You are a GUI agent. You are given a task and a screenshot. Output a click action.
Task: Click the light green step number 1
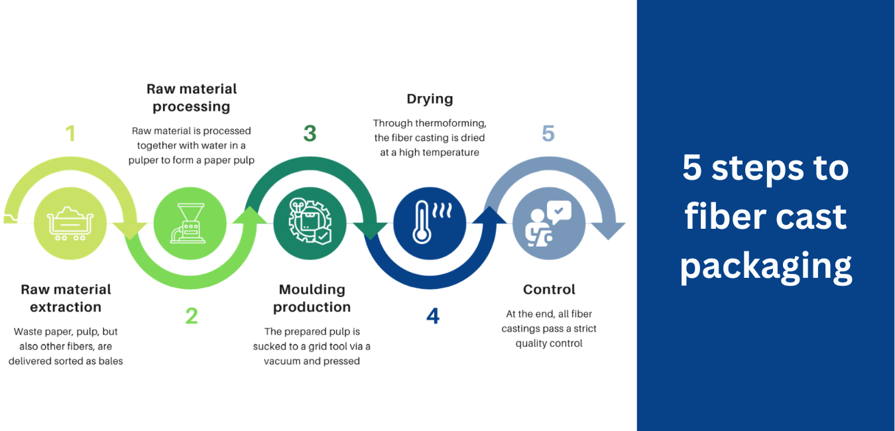point(71,133)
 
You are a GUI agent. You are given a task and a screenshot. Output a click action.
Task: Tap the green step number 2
point(192,316)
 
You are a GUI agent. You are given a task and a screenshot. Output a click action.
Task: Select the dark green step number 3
point(310,133)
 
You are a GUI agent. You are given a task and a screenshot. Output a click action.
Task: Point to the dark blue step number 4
point(433,316)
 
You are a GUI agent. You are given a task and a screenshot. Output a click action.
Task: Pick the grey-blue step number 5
point(548,133)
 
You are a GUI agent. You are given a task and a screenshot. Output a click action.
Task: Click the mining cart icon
point(70,223)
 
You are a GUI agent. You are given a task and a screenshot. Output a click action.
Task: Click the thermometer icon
point(432,222)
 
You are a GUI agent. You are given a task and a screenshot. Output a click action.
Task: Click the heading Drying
point(430,99)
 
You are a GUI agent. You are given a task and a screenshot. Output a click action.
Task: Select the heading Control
point(549,289)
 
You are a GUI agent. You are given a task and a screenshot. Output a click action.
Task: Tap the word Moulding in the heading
point(312,290)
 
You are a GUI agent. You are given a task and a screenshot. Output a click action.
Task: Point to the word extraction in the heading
point(66,307)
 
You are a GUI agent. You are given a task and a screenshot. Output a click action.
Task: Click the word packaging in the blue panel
point(766,266)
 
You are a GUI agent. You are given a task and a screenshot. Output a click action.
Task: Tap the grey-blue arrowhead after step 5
point(608,231)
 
